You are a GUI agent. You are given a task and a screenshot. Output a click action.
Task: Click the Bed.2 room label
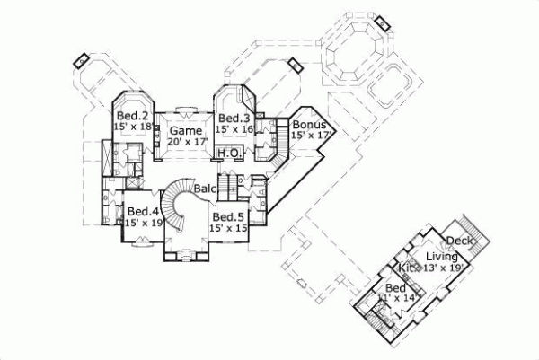130,116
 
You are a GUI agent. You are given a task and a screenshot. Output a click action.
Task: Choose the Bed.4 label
142,212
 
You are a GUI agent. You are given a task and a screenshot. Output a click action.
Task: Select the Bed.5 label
229,216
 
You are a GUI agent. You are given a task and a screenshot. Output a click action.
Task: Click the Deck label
458,241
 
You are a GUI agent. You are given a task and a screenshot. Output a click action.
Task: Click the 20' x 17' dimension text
187,142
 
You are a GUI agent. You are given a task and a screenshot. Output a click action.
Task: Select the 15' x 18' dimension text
133,127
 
